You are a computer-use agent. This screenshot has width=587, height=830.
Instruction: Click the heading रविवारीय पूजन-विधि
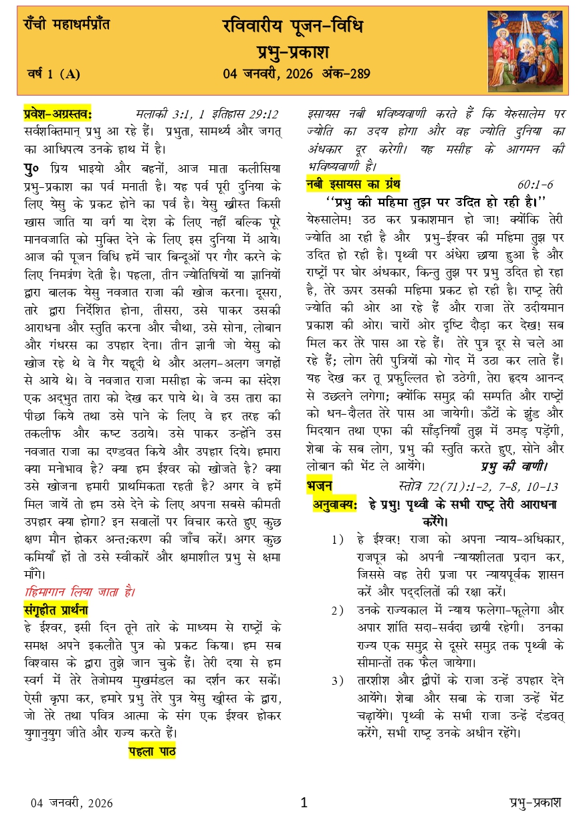(293, 26)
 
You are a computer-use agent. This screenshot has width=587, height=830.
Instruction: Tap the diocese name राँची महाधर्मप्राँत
(64, 25)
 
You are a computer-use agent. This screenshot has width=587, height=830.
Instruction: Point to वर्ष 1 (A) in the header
(53, 74)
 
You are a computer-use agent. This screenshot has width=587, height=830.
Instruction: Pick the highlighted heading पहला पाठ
(152, 751)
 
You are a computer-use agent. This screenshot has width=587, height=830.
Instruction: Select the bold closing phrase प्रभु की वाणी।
(514, 466)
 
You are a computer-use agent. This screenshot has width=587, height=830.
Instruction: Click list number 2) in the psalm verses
(338, 610)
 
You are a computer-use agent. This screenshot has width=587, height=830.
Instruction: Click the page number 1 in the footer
(304, 803)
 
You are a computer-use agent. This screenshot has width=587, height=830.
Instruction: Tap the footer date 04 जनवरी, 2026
(72, 803)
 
